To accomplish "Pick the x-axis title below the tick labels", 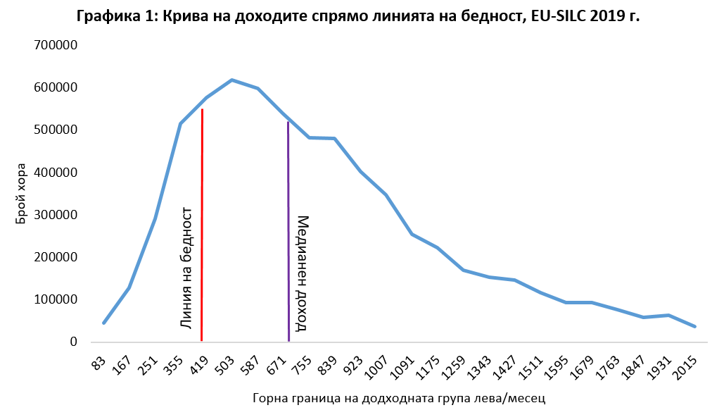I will point(399,397).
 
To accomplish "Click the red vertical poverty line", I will point(202,225).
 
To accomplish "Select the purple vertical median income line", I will point(288,232).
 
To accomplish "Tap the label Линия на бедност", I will point(187,268).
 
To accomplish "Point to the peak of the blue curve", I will point(232,80).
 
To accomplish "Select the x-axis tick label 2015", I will point(687,368).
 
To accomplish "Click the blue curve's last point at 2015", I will point(695,326).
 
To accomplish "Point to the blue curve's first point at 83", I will point(103,323).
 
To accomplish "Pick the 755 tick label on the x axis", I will point(303,366).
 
